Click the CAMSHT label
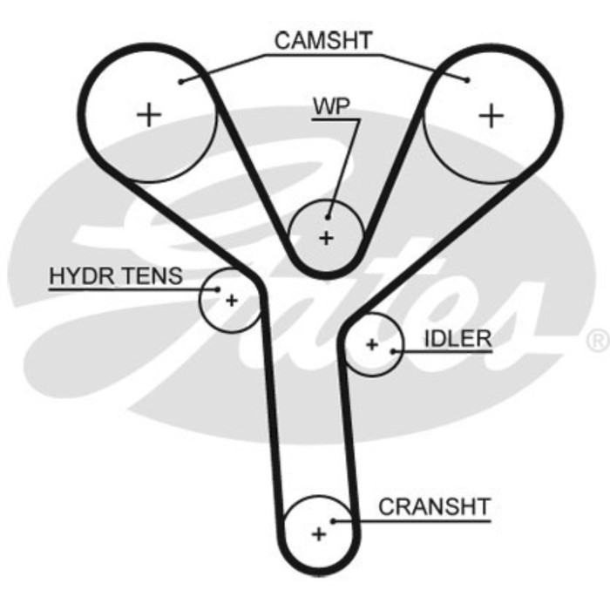[x=322, y=40]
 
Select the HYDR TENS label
[x=116, y=277]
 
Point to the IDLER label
[x=457, y=338]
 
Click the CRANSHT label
[x=434, y=507]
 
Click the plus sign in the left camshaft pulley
[x=150, y=114]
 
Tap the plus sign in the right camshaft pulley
[x=492, y=115]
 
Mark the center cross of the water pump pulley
[x=326, y=238]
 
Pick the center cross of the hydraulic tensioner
[x=231, y=301]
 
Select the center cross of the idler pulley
[x=372, y=345]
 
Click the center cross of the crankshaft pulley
[x=319, y=533]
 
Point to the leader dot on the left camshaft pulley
[x=179, y=82]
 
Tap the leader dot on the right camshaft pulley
[x=468, y=80]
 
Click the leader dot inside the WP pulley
[x=329, y=217]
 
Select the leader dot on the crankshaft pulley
[x=333, y=521]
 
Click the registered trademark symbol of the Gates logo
[x=597, y=341]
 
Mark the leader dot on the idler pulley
[x=394, y=350]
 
